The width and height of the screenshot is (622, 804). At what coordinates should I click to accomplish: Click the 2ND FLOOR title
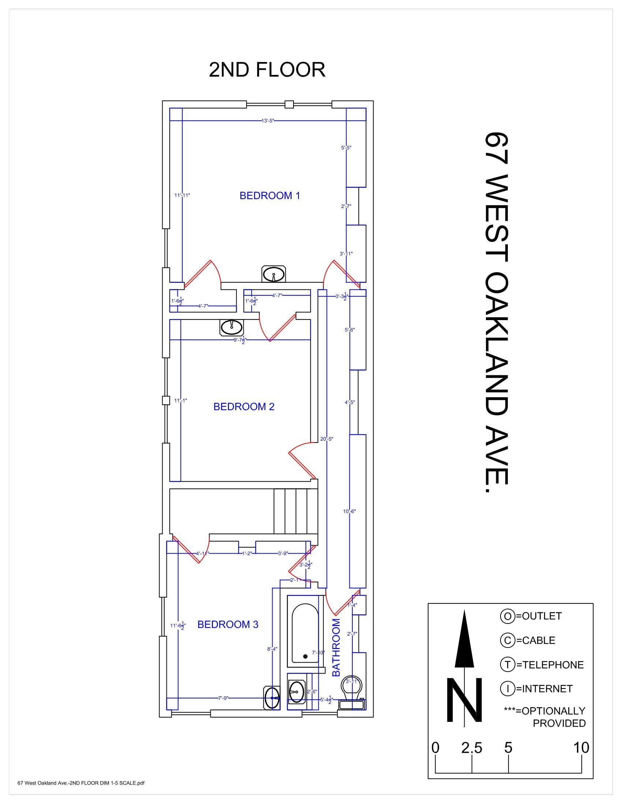point(267,69)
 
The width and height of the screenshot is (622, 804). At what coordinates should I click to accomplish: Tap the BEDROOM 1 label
point(270,196)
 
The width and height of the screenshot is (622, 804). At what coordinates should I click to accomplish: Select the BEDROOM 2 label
point(244,406)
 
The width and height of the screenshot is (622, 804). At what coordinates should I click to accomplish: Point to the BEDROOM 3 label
point(228,624)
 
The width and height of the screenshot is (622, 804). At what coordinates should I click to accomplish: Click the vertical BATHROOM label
point(336,648)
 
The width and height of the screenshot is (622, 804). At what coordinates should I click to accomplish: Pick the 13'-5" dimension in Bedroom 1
point(268,120)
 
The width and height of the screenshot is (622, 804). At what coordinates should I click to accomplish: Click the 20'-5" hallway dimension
point(327,439)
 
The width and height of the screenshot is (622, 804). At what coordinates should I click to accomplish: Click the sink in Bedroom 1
point(273,274)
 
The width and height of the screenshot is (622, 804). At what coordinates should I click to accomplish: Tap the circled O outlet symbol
point(507,616)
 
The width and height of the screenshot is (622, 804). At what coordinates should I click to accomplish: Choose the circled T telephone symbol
point(507,665)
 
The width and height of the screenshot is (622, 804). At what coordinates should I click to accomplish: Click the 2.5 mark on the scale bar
point(472,748)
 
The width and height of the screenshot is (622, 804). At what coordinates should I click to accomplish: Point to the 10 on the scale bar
point(581,748)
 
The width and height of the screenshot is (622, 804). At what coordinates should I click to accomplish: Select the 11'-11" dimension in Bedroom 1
point(182,195)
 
